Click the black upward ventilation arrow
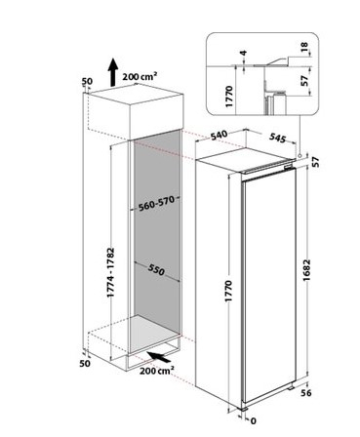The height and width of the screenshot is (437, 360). pyautogui.click(x=113, y=72)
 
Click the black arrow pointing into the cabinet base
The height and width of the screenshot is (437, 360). pyautogui.click(x=159, y=357)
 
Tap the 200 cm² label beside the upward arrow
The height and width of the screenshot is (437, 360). pyautogui.click(x=140, y=76)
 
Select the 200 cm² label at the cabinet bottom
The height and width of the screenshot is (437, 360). pyautogui.click(x=157, y=370)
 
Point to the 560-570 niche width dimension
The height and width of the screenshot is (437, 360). pyautogui.click(x=157, y=204)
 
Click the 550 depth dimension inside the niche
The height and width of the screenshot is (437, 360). pyautogui.click(x=156, y=269)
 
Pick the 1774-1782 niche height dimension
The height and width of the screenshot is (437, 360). pyautogui.click(x=111, y=272)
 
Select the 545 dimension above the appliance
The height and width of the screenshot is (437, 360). pyautogui.click(x=277, y=138)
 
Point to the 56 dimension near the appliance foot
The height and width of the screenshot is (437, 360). pyautogui.click(x=305, y=393)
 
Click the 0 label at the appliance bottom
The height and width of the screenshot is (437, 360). pyautogui.click(x=254, y=421)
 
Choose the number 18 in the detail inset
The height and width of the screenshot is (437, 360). pyautogui.click(x=304, y=47)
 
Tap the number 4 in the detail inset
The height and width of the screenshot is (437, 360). pyautogui.click(x=243, y=53)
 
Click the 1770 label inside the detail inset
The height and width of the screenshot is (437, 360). pyautogui.click(x=229, y=97)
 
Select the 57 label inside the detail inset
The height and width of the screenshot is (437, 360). pyautogui.click(x=304, y=81)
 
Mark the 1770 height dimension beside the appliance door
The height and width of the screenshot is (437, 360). pyautogui.click(x=228, y=291)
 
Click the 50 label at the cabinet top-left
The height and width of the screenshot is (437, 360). pyautogui.click(x=87, y=81)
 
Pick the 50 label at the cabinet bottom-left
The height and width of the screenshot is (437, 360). pyautogui.click(x=85, y=363)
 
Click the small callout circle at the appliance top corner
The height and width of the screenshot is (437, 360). pyautogui.click(x=299, y=156)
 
